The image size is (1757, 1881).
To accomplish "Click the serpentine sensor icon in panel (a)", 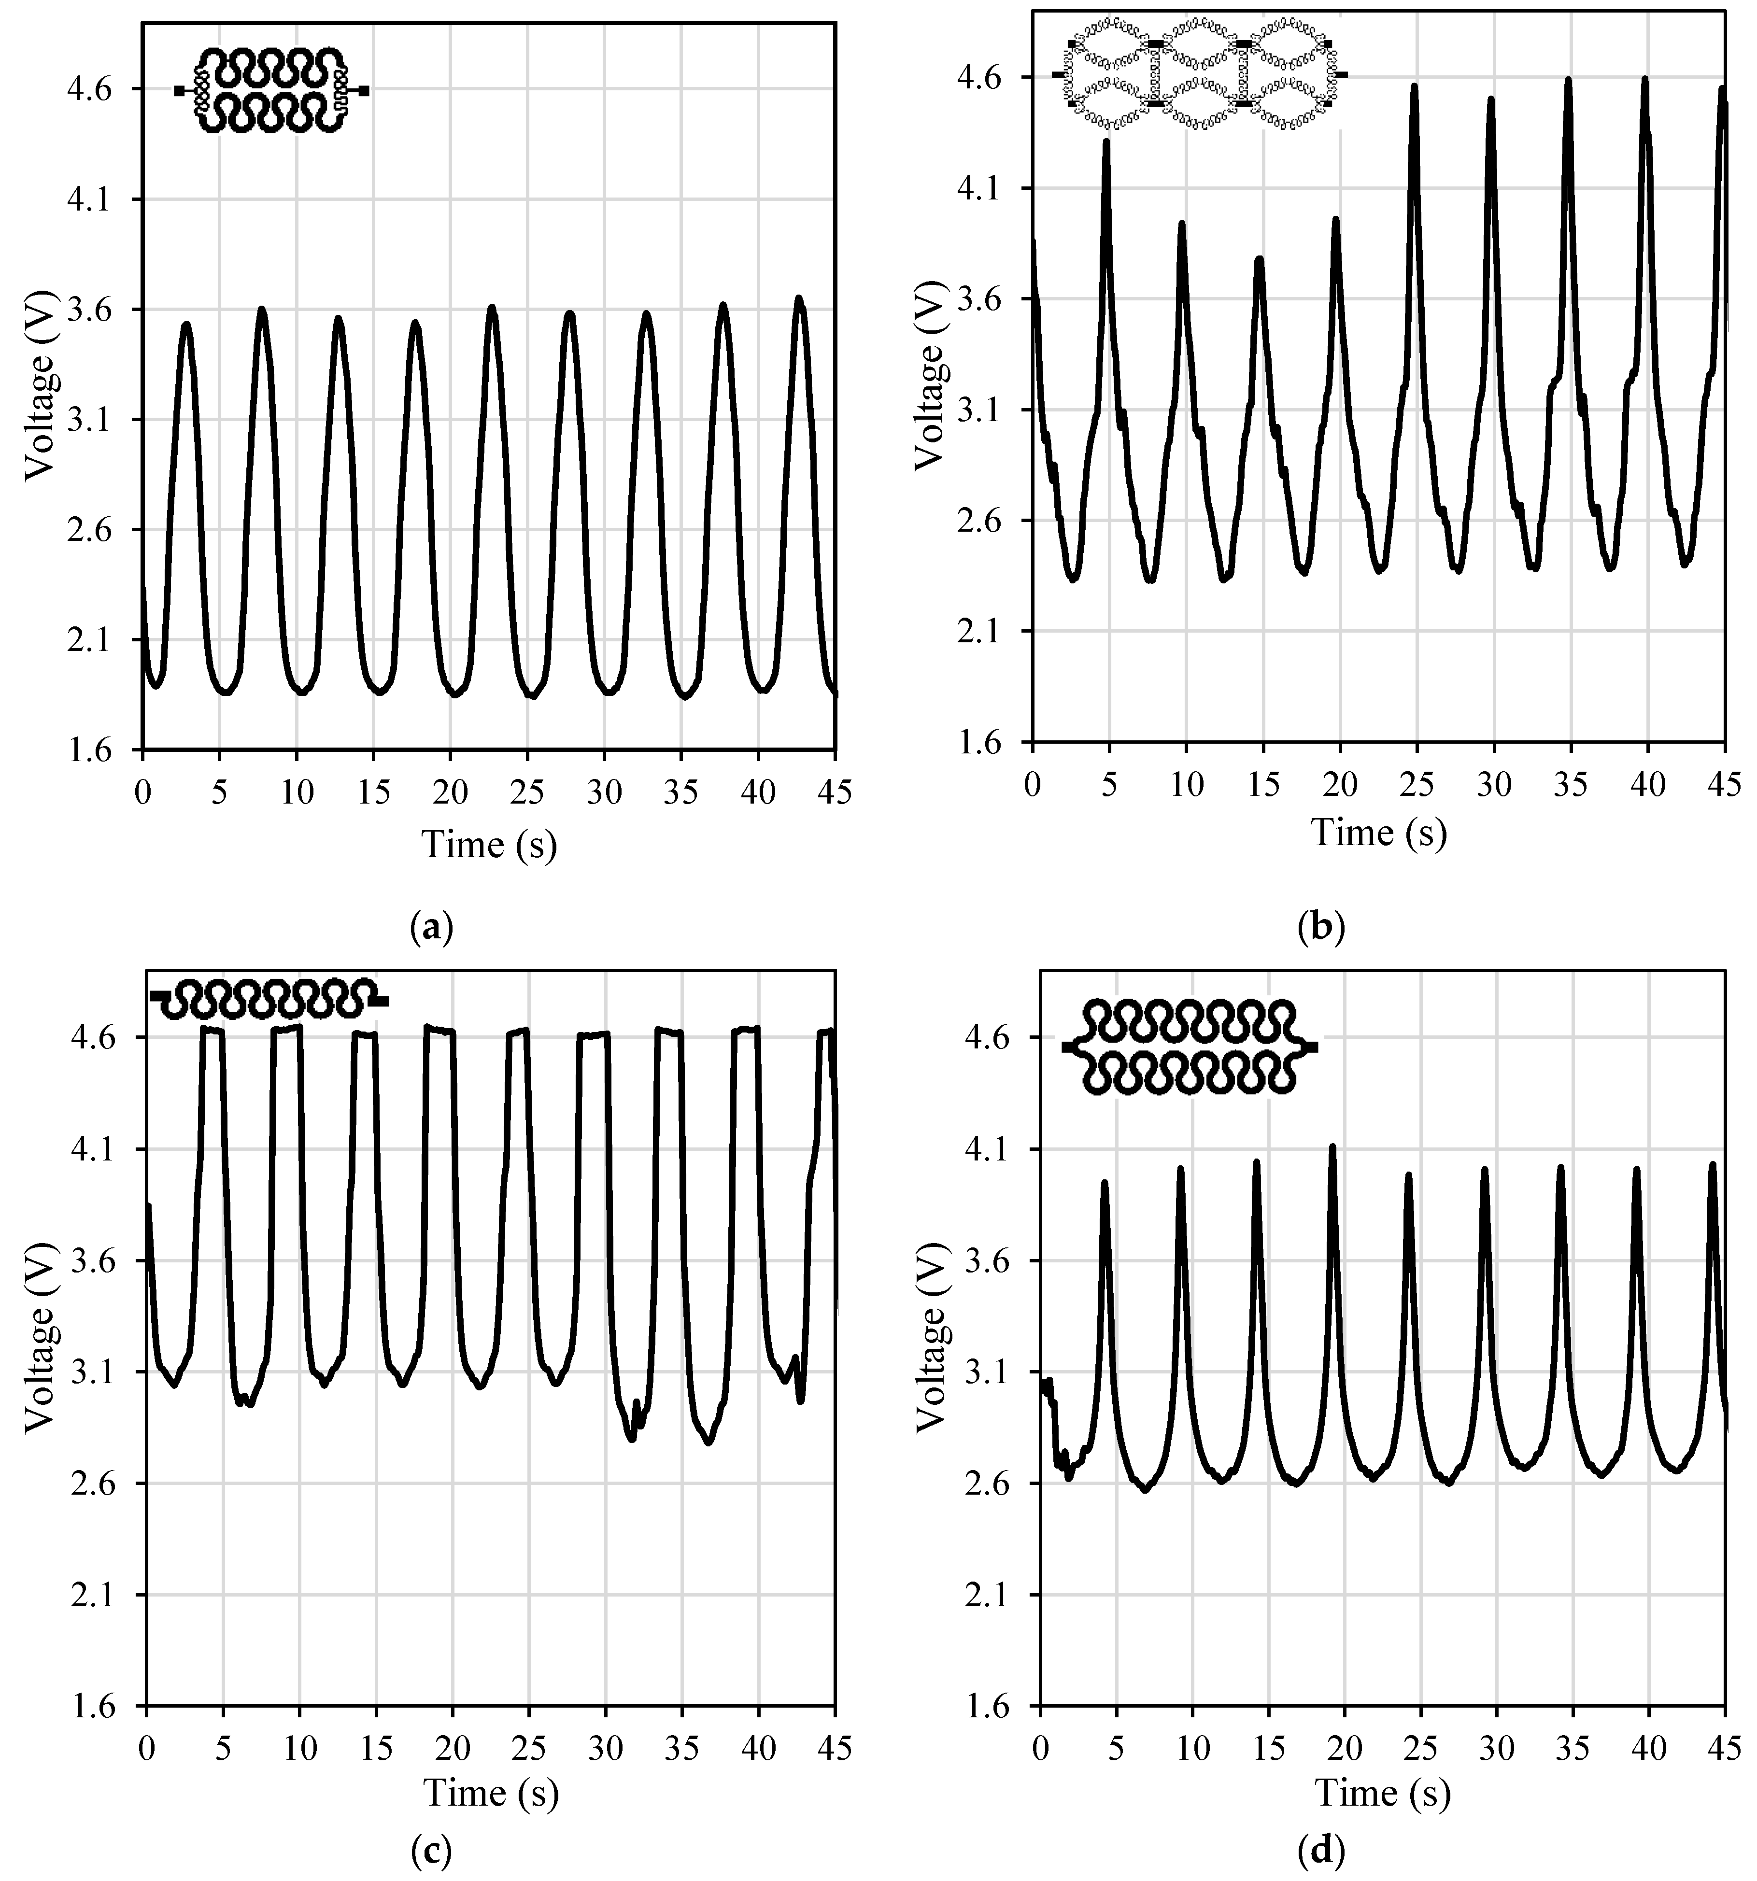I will pos(271,90).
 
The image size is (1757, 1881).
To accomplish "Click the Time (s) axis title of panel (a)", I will pos(489,845).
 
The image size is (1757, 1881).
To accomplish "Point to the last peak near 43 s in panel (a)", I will pos(799,299).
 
